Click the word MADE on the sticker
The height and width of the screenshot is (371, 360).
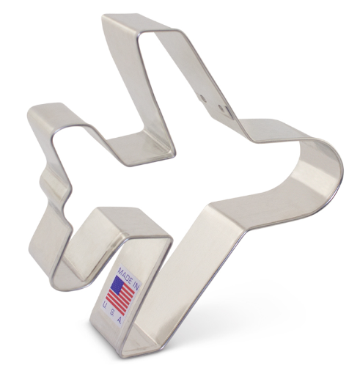[x=125, y=276]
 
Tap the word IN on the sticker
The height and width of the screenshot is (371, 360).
[x=136, y=287]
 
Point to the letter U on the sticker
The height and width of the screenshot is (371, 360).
[x=104, y=305]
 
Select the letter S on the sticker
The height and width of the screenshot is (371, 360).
[x=112, y=312]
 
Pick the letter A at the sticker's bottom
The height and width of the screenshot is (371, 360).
[x=120, y=320]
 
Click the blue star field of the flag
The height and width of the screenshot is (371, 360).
[x=117, y=284]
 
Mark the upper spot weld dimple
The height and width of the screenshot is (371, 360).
[x=202, y=98]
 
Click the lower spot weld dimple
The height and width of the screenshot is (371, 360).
[x=221, y=108]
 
